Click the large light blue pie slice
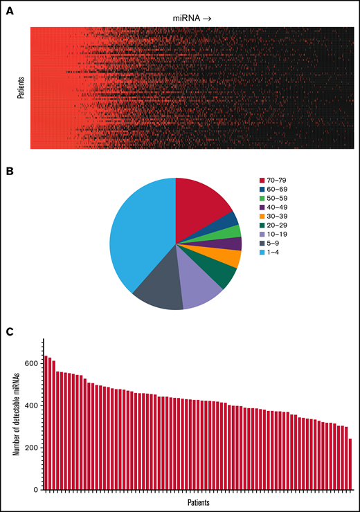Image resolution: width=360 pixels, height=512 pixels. [x=142, y=228]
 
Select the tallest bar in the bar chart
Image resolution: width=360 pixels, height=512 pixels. [x=46, y=415]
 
